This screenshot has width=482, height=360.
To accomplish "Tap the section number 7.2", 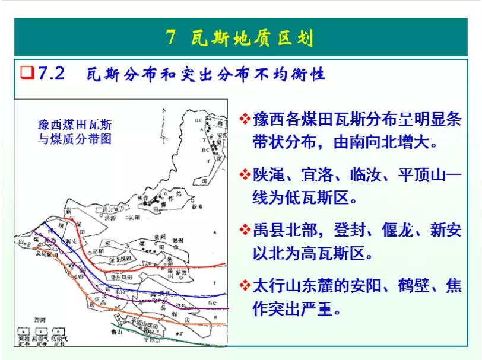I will tap(51, 74).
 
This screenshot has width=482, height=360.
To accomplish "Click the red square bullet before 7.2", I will tap(26, 74).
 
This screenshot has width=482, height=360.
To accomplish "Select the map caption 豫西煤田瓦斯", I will tap(74, 125).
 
